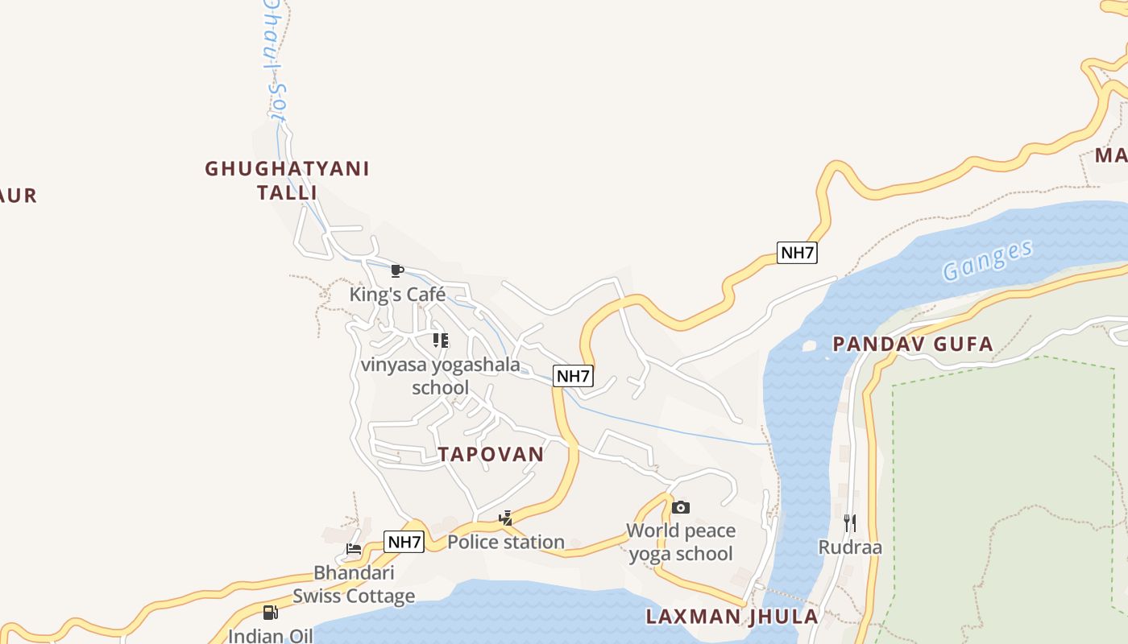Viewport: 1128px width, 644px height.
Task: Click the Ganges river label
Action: [988, 260]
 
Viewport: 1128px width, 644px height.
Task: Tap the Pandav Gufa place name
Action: [912, 345]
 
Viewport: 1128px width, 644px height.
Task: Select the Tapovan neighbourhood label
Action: [491, 454]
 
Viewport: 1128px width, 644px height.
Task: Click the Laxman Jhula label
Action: [732, 617]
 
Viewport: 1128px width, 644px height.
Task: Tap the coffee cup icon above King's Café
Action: [396, 270]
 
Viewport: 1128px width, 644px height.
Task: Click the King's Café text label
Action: [397, 295]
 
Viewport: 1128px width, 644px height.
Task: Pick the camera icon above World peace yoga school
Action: [681, 507]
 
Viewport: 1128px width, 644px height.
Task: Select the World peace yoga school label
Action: [681, 542]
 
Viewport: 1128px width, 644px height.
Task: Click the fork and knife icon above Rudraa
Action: [850, 523]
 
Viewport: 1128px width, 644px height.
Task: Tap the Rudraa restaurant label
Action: [850, 547]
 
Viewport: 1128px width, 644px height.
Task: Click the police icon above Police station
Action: [506, 518]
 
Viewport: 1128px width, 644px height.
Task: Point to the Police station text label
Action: [506, 542]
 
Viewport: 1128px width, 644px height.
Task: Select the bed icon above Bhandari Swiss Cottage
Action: [354, 550]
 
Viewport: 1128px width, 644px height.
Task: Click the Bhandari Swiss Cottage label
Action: [354, 584]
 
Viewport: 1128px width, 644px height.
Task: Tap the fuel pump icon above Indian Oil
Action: [271, 613]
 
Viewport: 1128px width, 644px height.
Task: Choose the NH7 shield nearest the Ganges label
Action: [798, 253]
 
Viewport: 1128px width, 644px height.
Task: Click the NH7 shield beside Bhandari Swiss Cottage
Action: [404, 542]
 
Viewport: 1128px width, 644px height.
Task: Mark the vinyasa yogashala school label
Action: [440, 376]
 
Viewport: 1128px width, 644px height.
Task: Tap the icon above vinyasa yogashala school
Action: [440, 341]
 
